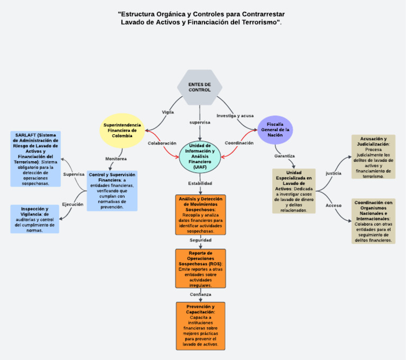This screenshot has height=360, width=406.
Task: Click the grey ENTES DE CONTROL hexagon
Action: coord(199,87)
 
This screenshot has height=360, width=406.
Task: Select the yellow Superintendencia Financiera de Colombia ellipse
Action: coord(122,130)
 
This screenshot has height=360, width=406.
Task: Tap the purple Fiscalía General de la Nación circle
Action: coord(275,130)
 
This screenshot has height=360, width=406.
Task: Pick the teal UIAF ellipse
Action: coord(200,156)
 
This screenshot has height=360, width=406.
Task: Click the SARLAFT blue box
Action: coord(36,159)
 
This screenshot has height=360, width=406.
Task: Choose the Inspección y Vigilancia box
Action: coord(35,219)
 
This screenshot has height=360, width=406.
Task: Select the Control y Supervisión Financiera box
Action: coord(112,191)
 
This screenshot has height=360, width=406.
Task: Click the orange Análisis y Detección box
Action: coord(200,215)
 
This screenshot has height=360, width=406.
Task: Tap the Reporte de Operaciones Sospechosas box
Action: coord(200,269)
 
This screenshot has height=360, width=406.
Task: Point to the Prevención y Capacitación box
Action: coord(200,326)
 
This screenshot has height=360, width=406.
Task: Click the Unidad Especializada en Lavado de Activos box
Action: coord(294,191)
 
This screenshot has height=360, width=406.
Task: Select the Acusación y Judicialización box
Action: coord(373,157)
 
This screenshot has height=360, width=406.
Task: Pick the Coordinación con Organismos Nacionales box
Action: coord(373,221)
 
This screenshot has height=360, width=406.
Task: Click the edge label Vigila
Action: coord(168,112)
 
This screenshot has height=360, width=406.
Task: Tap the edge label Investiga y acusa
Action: coord(235,115)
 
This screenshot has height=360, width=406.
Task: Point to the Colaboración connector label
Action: coord(162,143)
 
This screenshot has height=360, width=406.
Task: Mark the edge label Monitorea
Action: coord(116,159)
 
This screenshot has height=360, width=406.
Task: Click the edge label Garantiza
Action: coord(284,156)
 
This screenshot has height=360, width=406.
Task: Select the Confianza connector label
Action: coord(200,294)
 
